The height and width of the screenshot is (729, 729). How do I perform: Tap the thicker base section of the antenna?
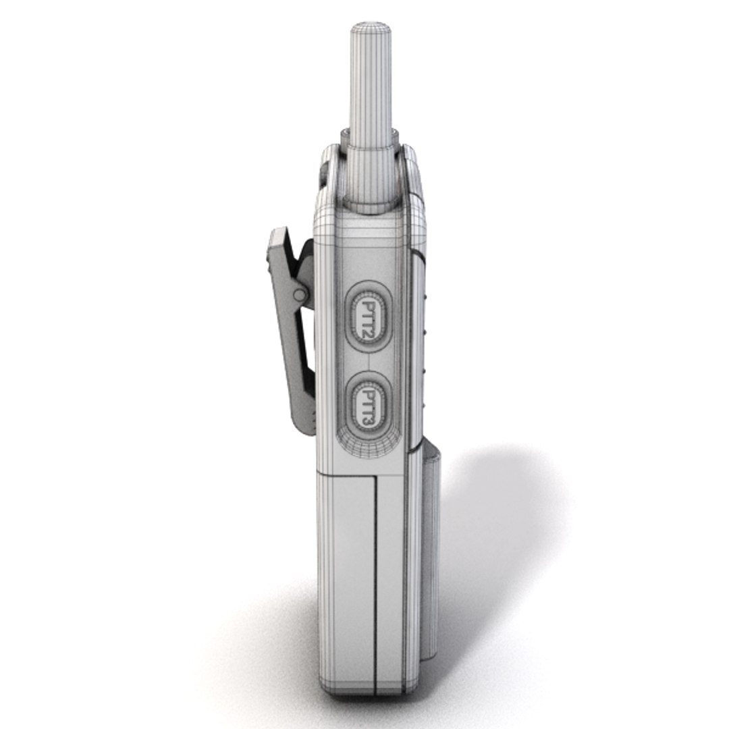[x=371, y=169]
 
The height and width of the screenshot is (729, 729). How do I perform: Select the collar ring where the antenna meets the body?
[x=371, y=202]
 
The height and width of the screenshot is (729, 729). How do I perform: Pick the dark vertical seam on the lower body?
[x=375, y=574]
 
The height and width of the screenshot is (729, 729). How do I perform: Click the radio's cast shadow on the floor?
[x=500, y=540]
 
